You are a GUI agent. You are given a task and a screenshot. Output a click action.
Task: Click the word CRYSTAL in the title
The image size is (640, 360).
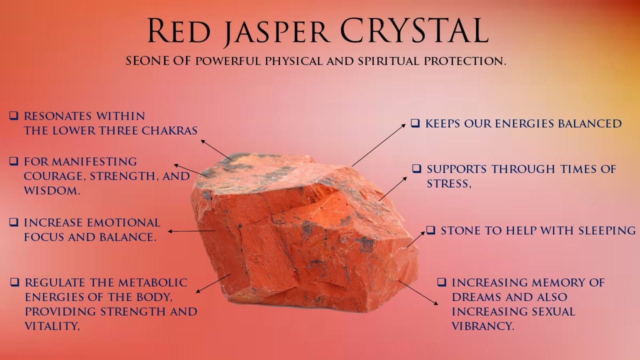(x=414, y=30)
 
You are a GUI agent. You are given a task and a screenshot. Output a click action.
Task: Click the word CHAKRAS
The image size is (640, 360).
(x=169, y=130)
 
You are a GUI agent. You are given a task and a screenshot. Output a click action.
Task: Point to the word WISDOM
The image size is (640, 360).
(x=51, y=190)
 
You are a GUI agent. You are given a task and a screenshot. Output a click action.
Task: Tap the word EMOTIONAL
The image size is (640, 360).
(x=123, y=223)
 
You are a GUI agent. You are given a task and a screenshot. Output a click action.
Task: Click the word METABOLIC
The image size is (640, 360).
(x=153, y=282)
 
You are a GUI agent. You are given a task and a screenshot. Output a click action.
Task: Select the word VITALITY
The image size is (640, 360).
(x=52, y=326)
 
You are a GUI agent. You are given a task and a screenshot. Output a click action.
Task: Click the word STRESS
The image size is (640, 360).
(x=449, y=183)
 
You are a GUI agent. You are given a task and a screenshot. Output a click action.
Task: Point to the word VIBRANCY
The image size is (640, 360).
(x=483, y=326)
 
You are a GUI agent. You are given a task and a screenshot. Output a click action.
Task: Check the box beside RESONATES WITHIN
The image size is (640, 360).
(x=13, y=115)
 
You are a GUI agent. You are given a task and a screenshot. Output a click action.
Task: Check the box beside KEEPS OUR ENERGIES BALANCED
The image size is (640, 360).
(x=415, y=123)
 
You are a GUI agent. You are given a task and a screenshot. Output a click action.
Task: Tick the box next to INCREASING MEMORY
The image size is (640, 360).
(x=441, y=282)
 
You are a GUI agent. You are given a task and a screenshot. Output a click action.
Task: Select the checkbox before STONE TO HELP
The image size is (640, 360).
(x=430, y=230)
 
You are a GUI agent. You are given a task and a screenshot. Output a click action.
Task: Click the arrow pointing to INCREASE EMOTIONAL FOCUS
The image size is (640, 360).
(x=191, y=231)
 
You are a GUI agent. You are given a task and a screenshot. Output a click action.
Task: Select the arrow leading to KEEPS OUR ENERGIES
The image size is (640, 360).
(x=378, y=145)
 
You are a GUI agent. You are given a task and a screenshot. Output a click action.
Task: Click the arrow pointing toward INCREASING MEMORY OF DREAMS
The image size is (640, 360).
(x=418, y=293)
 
